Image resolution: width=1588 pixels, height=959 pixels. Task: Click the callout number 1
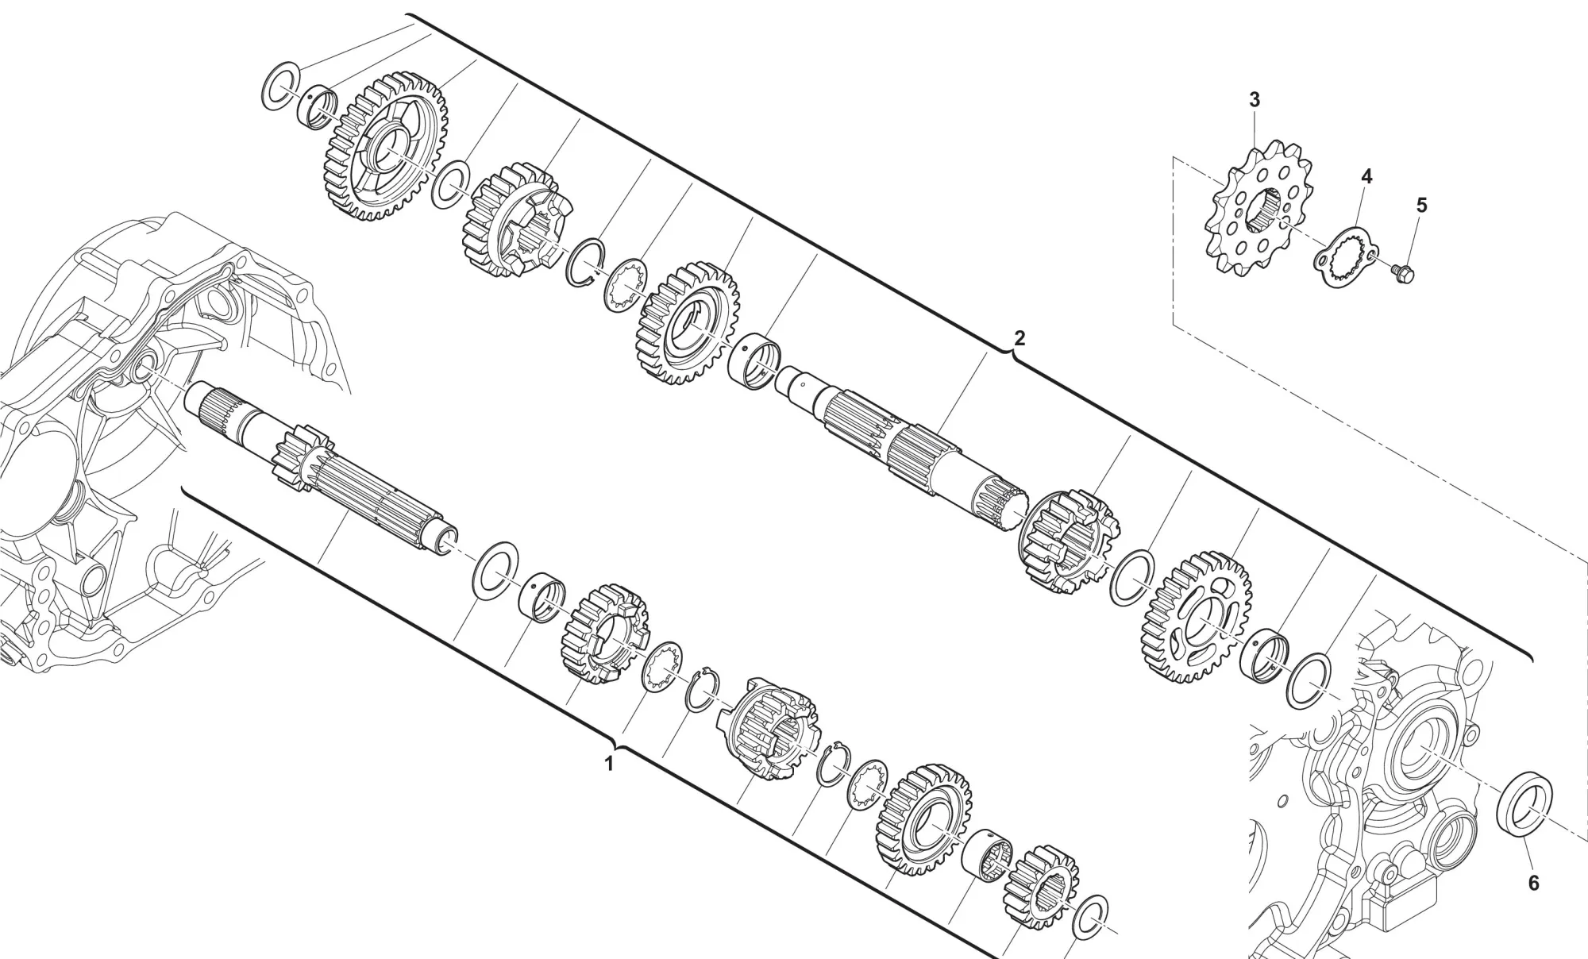[x=609, y=765]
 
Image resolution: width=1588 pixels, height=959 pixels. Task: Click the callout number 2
[x=1019, y=338]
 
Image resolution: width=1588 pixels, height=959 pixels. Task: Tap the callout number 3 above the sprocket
[x=1254, y=100]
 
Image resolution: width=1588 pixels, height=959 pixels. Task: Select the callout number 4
[x=1366, y=176]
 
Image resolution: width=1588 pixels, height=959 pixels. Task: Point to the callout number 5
[x=1421, y=206]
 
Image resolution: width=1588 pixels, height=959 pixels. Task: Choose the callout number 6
[x=1533, y=883]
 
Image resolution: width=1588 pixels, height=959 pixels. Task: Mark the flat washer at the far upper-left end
[x=281, y=86]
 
